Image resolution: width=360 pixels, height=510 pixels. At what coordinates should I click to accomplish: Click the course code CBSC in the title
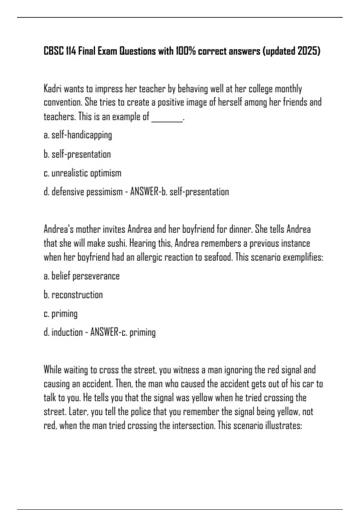(54, 51)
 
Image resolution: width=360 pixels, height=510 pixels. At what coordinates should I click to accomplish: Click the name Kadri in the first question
(52, 89)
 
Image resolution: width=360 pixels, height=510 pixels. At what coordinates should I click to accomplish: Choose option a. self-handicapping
(78, 135)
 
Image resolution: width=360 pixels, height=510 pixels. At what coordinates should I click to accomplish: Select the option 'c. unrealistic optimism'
(82, 173)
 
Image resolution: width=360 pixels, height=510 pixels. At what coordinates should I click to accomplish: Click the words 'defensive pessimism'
(87, 192)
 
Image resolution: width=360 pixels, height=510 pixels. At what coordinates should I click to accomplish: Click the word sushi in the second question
(116, 243)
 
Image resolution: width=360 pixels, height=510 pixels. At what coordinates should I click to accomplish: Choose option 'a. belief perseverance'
(81, 276)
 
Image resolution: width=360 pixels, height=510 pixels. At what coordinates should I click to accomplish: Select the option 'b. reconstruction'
(73, 295)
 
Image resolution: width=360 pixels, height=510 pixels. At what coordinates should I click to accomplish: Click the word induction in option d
(67, 332)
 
